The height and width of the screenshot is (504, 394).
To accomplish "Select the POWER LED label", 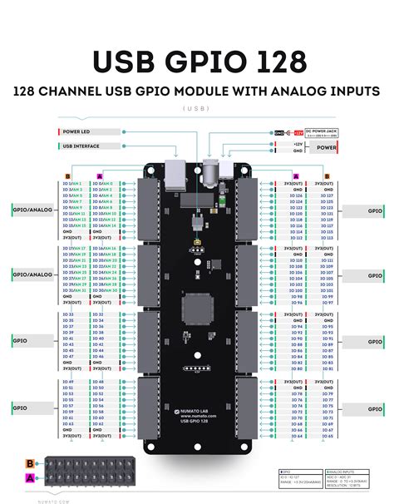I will pyautogui.click(x=78, y=131).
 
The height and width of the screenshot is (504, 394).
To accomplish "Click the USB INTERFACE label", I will pyautogui.click(x=81, y=146).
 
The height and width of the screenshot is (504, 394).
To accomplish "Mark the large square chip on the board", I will pyautogui.click(x=198, y=309).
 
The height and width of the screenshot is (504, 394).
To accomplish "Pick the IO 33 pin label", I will pyautogui.click(x=68, y=314).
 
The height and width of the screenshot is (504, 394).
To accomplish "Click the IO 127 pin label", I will pyautogui.click(x=326, y=189).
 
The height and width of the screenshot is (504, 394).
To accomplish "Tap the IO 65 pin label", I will pyautogui.click(x=326, y=435).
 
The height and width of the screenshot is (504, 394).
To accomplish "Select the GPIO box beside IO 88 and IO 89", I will pyautogui.click(x=364, y=341).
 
